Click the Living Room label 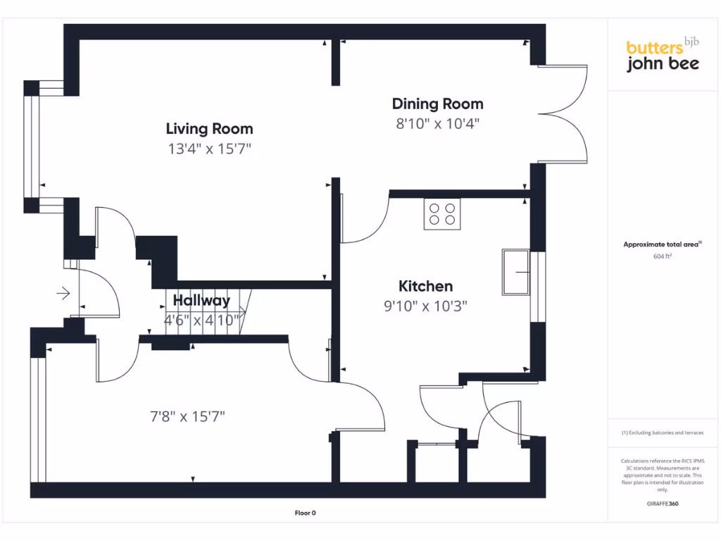(x=209, y=129)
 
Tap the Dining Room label (x=437, y=104)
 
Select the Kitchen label (x=425, y=286)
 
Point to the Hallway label (x=201, y=301)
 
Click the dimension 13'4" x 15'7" (x=209, y=149)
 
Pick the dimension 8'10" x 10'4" (x=437, y=124)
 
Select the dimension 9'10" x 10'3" (x=425, y=306)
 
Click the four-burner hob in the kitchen (x=442, y=213)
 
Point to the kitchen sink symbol (x=516, y=271)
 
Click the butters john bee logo (x=663, y=56)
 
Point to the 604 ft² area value (x=662, y=257)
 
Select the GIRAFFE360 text (x=662, y=504)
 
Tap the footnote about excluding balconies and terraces (x=662, y=433)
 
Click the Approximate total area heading (x=662, y=244)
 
